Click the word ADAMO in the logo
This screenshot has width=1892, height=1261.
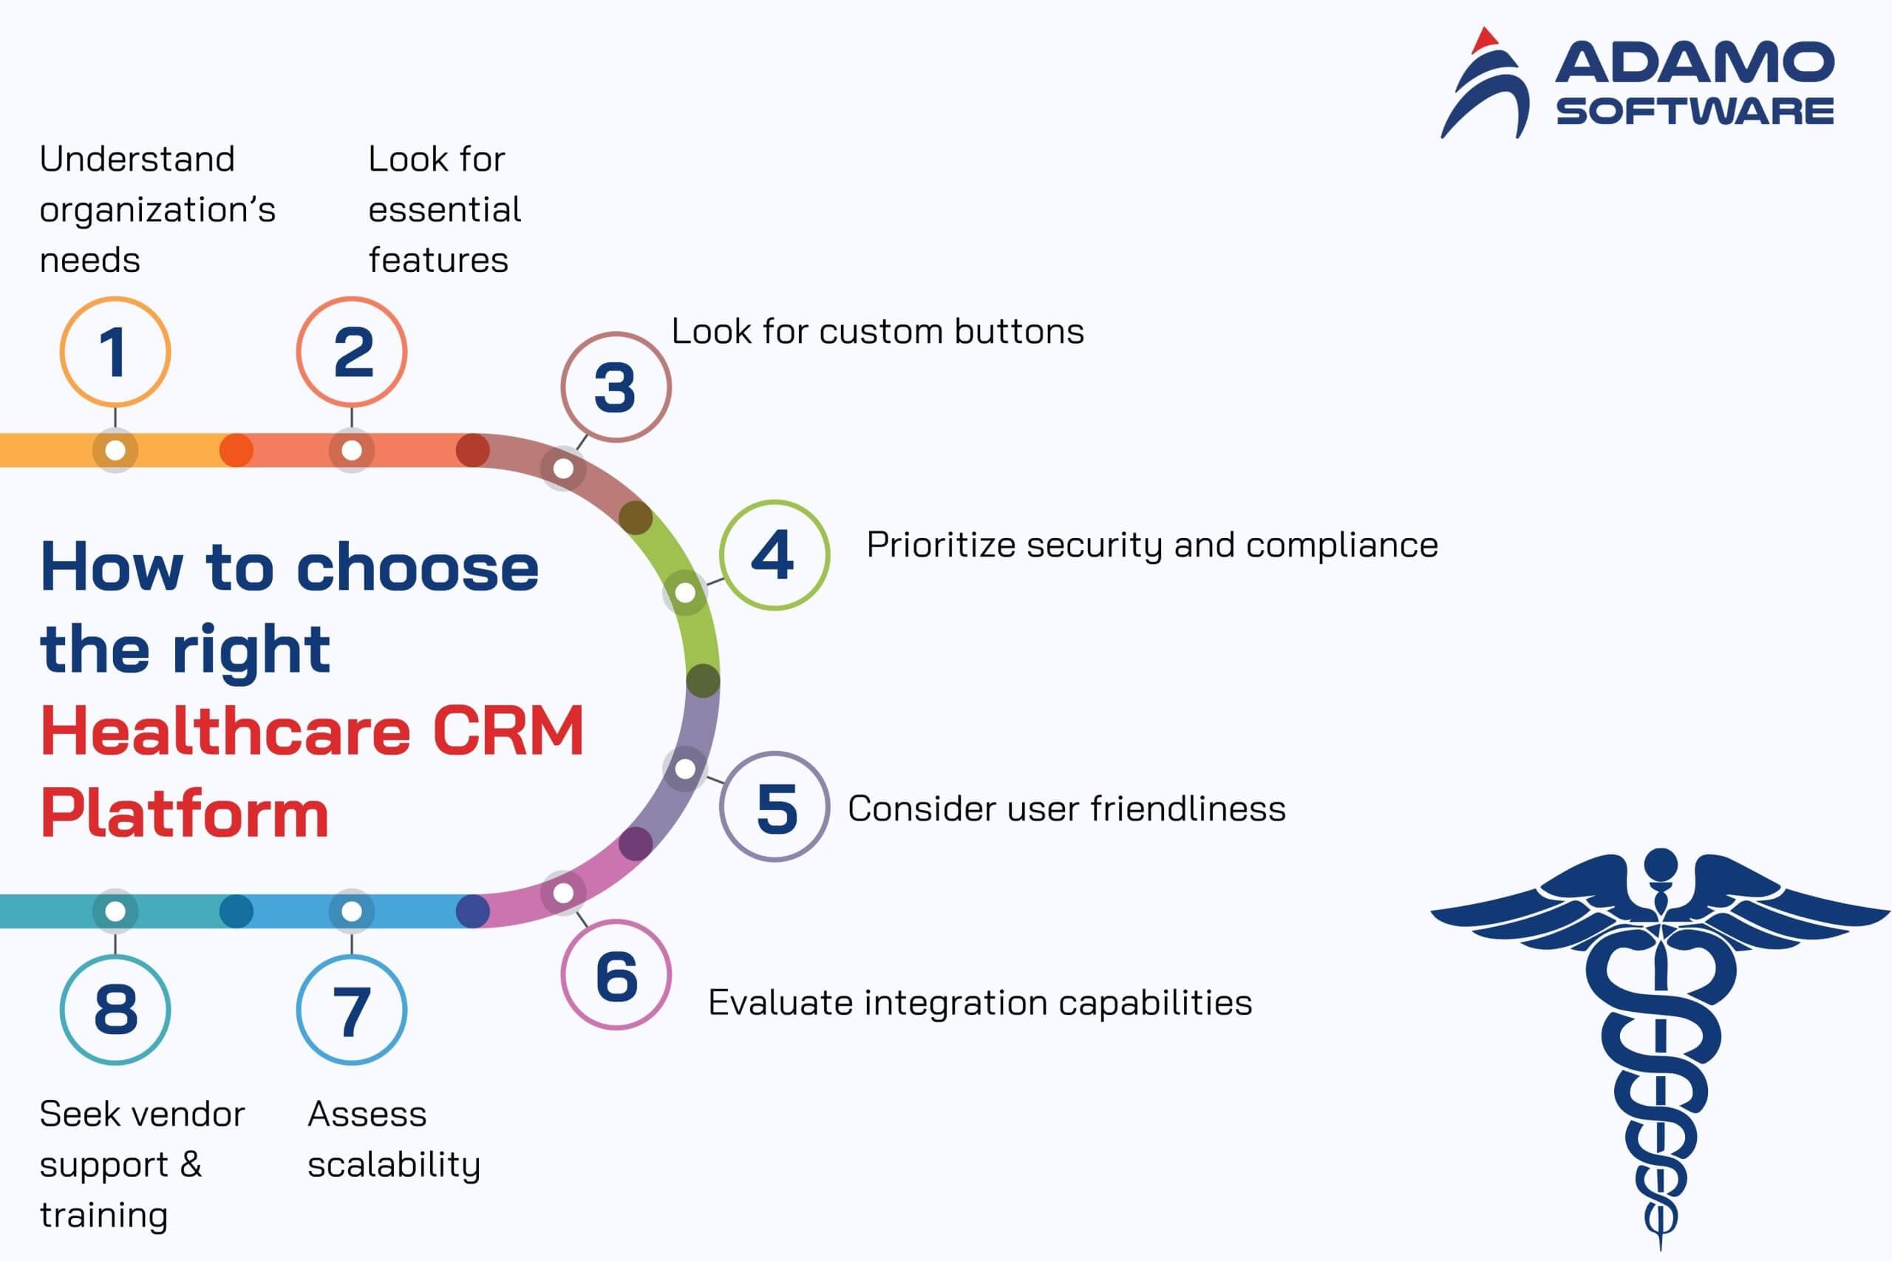(1694, 63)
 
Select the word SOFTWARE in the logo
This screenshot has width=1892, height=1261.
(1695, 111)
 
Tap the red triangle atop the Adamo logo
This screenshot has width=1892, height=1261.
(1484, 39)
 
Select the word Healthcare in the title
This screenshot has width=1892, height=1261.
(225, 730)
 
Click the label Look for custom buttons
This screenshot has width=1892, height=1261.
(877, 331)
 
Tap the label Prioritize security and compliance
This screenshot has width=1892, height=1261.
(1152, 546)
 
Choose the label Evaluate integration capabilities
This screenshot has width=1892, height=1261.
(980, 1004)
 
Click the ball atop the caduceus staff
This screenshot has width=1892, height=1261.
(1661, 865)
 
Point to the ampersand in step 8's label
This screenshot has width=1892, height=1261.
(191, 1163)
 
